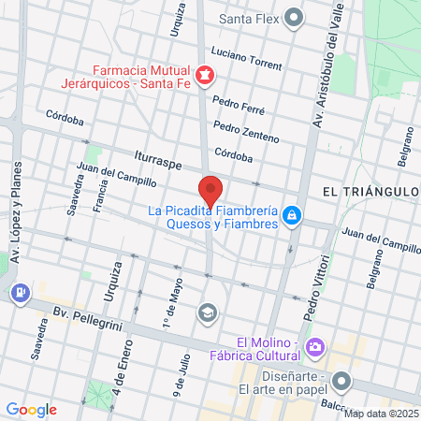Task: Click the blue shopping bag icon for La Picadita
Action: pyautogui.click(x=293, y=216)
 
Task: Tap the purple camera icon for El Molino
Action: pyautogui.click(x=315, y=348)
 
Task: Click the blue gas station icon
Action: pyautogui.click(x=19, y=293)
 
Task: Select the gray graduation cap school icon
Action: pyautogui.click(x=206, y=312)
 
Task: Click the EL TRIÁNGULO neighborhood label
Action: pyautogui.click(x=368, y=191)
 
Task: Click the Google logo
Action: pyautogui.click(x=31, y=409)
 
